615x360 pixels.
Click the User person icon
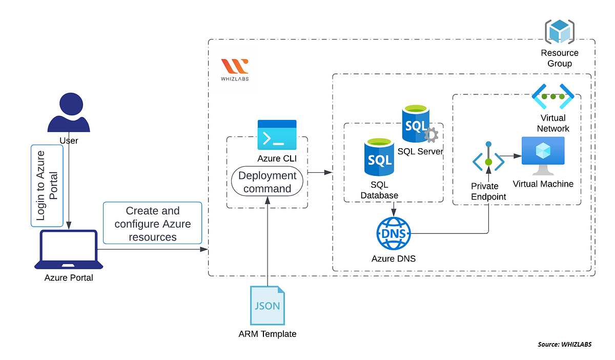(69, 113)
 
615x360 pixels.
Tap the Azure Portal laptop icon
(69, 250)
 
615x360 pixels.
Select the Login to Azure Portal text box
(47, 186)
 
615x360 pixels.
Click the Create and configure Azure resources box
(153, 224)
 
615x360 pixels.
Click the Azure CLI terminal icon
(277, 135)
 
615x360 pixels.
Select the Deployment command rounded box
(267, 182)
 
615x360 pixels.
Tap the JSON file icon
(267, 306)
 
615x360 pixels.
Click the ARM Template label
(267, 334)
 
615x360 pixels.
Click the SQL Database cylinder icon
(379, 157)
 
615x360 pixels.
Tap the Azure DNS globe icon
(393, 234)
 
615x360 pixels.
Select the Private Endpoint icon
(488, 162)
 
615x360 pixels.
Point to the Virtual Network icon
(552, 96)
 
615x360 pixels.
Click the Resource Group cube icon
(559, 31)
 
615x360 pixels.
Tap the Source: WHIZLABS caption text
(564, 344)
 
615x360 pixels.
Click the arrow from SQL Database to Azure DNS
(393, 209)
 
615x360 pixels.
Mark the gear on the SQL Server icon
(431, 135)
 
